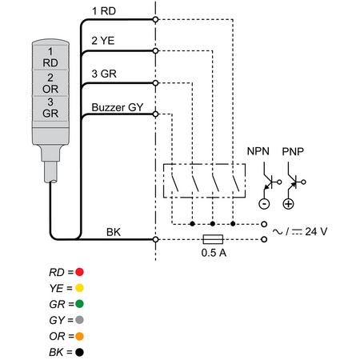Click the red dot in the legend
[x=79, y=272]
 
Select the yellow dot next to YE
[x=79, y=288]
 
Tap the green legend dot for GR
[x=79, y=304]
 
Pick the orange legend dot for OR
[x=79, y=336]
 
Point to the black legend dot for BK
[x=79, y=352]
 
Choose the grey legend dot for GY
[x=79, y=320]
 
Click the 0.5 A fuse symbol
[x=213, y=239]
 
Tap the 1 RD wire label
[x=104, y=11]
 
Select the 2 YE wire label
[x=103, y=41]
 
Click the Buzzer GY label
[x=118, y=107]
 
